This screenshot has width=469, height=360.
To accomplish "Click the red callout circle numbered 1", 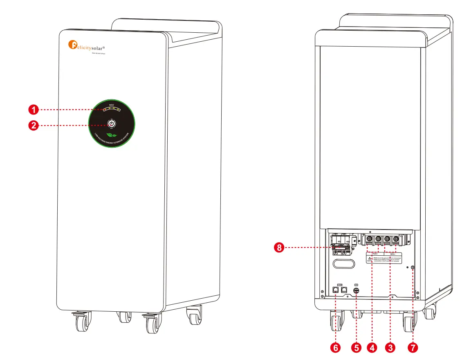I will (34, 110).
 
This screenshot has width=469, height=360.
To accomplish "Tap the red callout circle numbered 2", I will (34, 125).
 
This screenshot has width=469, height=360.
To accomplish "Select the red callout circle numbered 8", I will (279, 248).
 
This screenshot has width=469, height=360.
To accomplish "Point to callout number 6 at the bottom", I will (335, 348).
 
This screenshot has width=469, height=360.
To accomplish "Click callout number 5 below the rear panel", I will (356, 348).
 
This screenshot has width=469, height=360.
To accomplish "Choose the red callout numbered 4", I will (372, 348).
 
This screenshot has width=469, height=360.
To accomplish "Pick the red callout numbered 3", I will (390, 348).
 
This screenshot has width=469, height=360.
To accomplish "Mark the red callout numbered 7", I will (413, 348).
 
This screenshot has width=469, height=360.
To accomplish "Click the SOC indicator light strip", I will (112, 109).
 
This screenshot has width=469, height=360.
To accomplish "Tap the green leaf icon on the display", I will (111, 135).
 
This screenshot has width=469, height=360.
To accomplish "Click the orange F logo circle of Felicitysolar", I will (72, 44).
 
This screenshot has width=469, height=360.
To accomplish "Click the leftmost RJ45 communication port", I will (336, 290).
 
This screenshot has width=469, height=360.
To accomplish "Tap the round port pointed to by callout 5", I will (356, 291).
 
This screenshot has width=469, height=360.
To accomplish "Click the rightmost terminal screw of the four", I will (395, 239).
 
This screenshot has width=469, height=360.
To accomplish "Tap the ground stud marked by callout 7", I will (412, 268).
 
